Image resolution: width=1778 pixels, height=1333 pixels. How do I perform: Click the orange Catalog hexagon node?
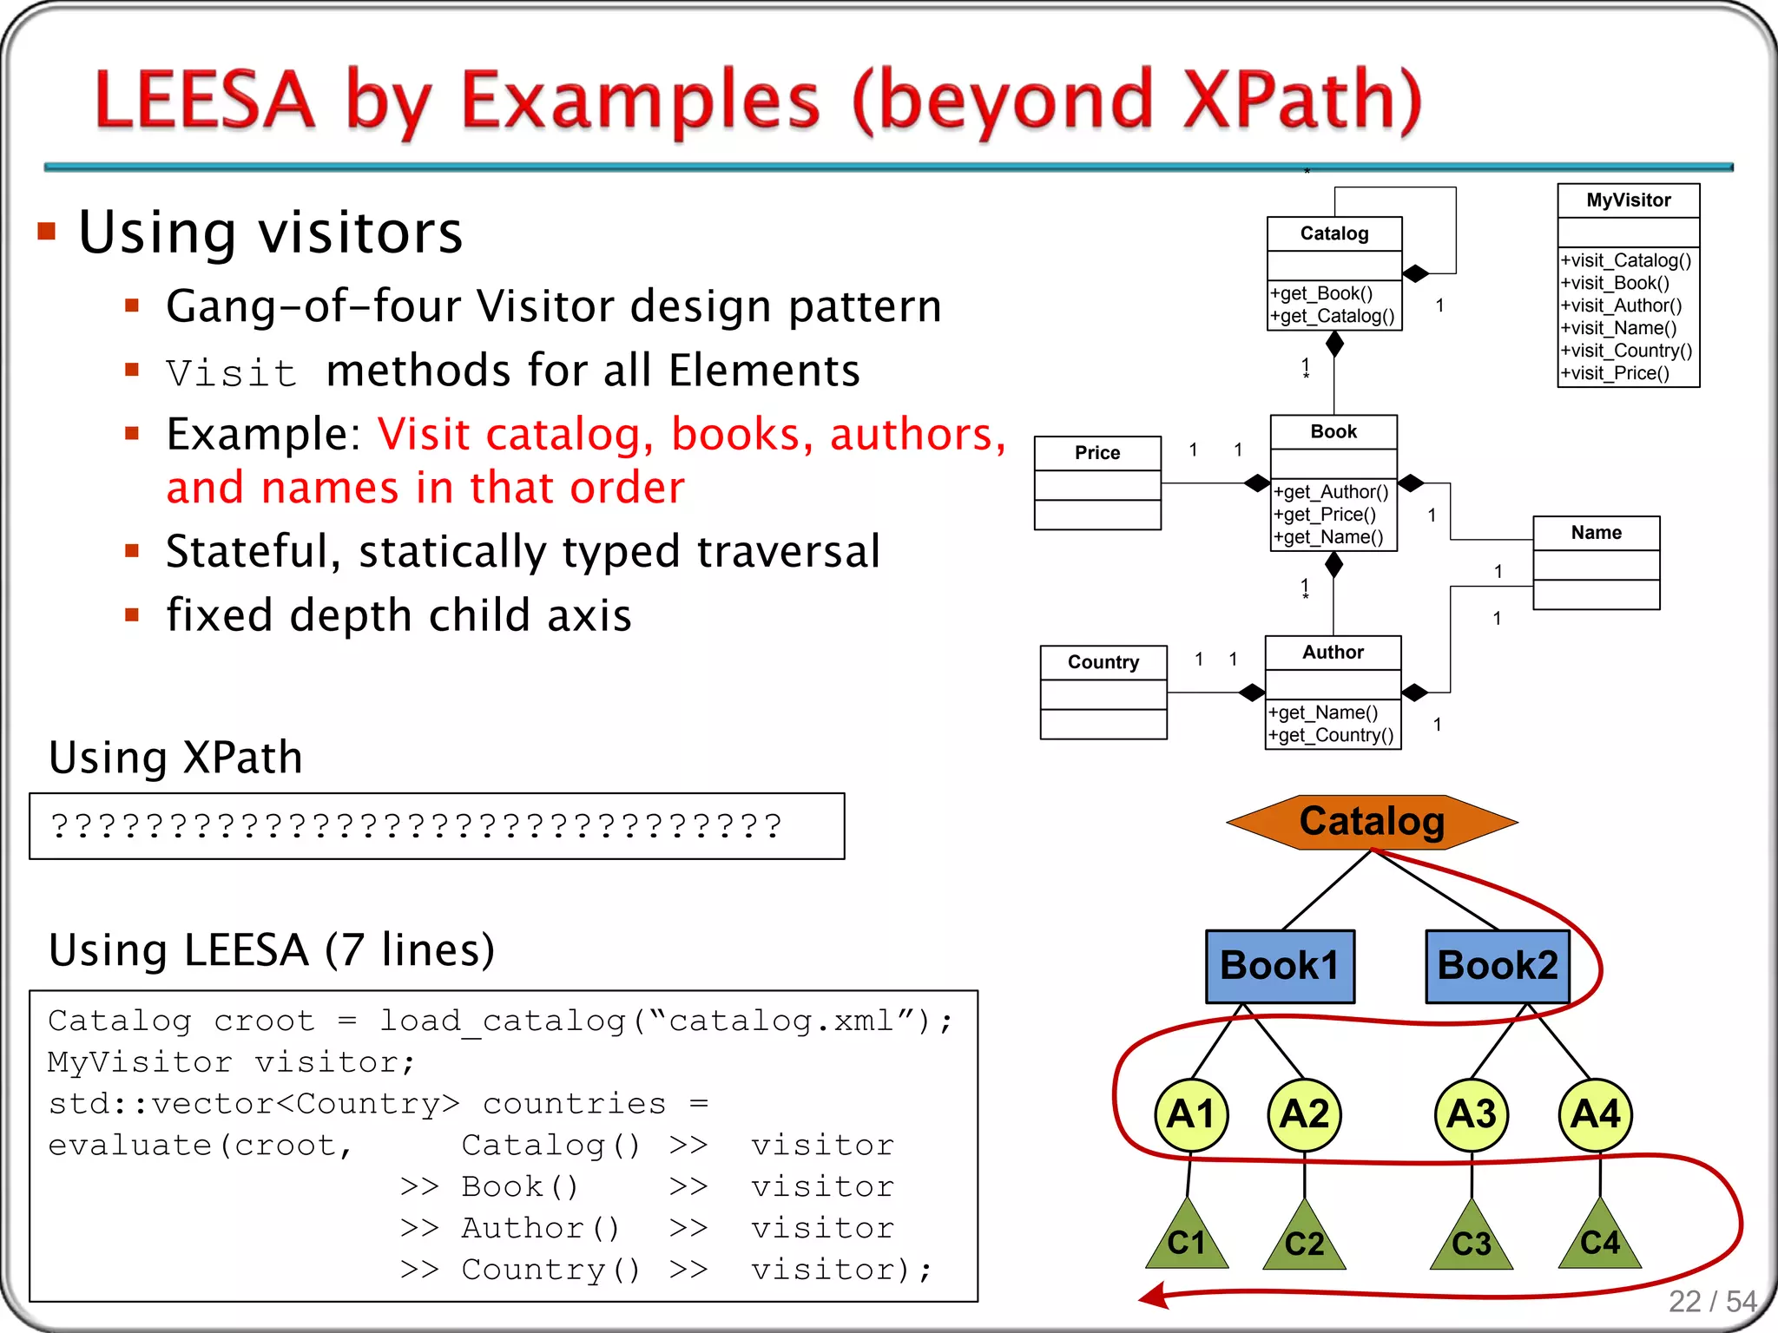pyautogui.click(x=1372, y=821)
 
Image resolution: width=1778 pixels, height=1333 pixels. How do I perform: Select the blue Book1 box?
pyautogui.click(x=1280, y=966)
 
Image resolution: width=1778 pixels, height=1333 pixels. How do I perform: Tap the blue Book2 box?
pyautogui.click(x=1498, y=966)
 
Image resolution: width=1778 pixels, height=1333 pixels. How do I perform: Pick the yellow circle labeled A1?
pyautogui.click(x=1190, y=1114)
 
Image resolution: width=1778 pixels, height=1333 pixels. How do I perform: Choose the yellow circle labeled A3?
pyautogui.click(x=1472, y=1114)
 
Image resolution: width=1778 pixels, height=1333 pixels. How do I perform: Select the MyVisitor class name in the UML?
pyautogui.click(x=1628, y=200)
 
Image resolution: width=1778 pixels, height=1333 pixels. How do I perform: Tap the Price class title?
pyautogui.click(x=1097, y=453)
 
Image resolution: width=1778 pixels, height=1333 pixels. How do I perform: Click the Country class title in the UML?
pyautogui.click(x=1103, y=662)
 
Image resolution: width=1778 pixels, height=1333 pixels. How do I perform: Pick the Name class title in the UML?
pyautogui.click(x=1596, y=533)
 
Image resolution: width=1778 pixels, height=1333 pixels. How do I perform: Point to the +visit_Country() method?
pyautogui.click(x=1626, y=351)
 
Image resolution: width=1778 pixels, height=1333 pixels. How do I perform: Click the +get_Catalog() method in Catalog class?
pyautogui.click(x=1333, y=317)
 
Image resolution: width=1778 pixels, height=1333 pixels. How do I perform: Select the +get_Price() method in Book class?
pyautogui.click(x=1325, y=515)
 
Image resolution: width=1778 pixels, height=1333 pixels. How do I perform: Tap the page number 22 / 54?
pyautogui.click(x=1712, y=1301)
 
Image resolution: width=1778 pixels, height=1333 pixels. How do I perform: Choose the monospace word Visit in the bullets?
pyautogui.click(x=232, y=373)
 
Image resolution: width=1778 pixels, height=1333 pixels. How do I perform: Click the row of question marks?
pyautogui.click(x=417, y=825)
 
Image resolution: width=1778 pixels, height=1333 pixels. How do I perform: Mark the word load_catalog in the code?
pyautogui.click(x=503, y=1021)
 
